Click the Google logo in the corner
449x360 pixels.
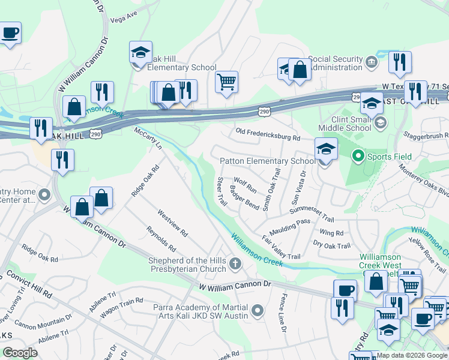[x=20, y=353]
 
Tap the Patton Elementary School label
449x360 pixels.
[x=267, y=161]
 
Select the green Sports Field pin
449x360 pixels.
[x=358, y=157]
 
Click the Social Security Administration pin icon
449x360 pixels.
[x=371, y=60]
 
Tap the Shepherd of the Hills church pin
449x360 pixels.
[x=236, y=263]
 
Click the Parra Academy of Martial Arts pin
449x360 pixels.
[x=258, y=310]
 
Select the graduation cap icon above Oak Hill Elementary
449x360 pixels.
[x=140, y=53]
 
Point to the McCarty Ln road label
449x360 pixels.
[x=148, y=139]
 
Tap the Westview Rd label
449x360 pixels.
[x=173, y=223]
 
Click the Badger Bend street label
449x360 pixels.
[x=244, y=198]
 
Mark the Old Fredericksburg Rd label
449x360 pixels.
[x=268, y=134]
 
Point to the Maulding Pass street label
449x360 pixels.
[x=290, y=221]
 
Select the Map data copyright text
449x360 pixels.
[x=412, y=355]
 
